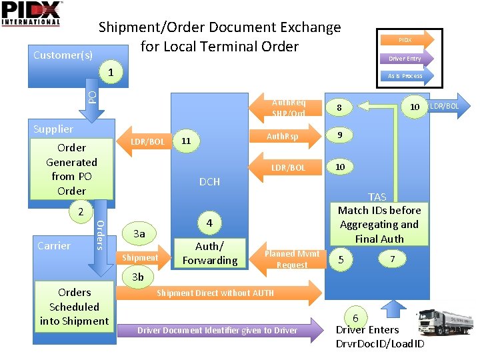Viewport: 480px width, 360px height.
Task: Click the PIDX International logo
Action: pos(31,13)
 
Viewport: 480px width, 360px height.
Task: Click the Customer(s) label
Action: pos(63,55)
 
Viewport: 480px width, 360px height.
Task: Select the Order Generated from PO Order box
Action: pos(71,169)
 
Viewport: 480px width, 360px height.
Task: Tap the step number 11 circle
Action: pos(187,141)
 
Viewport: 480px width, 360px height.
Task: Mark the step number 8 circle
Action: pos(340,107)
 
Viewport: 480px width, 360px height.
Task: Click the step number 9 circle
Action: pos(340,135)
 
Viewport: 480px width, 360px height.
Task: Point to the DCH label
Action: pos(209,181)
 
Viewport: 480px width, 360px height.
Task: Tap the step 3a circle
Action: pos(139,233)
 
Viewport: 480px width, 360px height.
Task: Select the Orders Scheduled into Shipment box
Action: pos(74,307)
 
